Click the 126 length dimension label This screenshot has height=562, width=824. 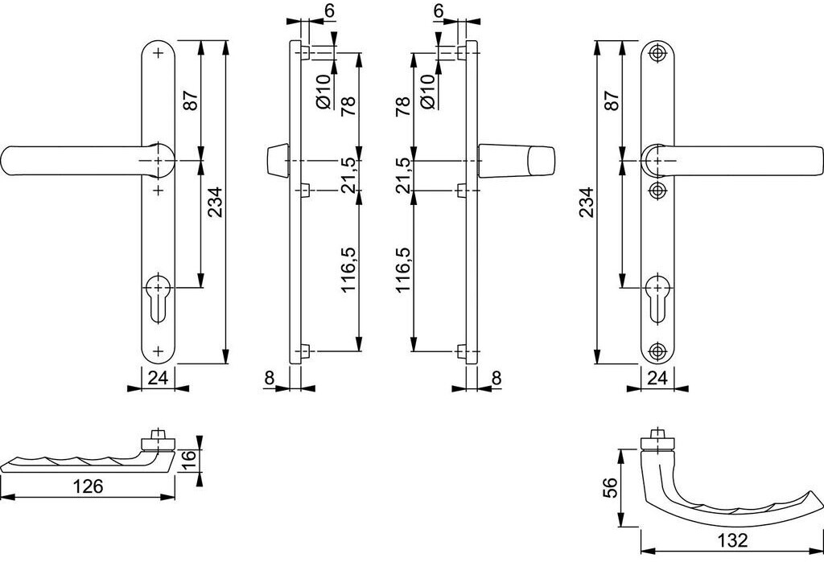(x=88, y=486)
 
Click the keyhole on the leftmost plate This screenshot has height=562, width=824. (x=158, y=298)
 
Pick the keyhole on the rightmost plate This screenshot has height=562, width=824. (x=657, y=298)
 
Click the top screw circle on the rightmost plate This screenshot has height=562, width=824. (x=657, y=53)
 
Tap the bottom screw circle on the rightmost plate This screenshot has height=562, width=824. (x=657, y=351)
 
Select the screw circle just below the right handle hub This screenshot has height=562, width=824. (x=657, y=190)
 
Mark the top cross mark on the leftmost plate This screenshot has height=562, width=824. (x=158, y=53)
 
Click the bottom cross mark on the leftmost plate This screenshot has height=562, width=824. (x=158, y=351)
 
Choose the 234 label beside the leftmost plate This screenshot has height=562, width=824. (x=216, y=203)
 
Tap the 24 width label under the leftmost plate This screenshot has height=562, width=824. (x=157, y=378)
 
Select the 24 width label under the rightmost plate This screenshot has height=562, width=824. (x=657, y=378)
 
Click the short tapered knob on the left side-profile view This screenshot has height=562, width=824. (x=278, y=159)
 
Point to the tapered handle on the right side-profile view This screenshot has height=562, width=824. (x=517, y=159)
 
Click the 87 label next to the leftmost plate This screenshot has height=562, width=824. (x=191, y=100)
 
